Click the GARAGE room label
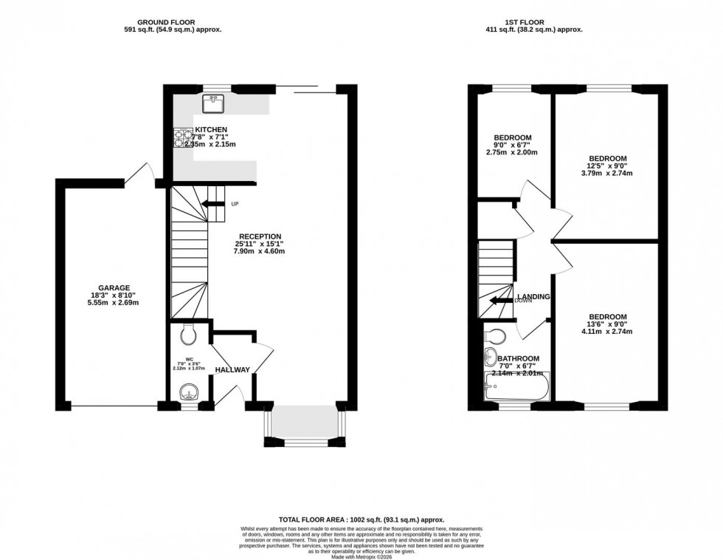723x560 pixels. [x=114, y=287]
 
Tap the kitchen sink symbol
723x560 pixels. [x=213, y=104]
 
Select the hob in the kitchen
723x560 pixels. [x=182, y=138]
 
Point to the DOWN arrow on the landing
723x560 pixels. [x=502, y=300]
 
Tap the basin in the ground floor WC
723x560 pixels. [x=190, y=390]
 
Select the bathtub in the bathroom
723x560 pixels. [x=516, y=386]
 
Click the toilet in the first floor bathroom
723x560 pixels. [x=495, y=337]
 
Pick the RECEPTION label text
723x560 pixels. [x=259, y=236]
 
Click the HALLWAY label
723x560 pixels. [x=232, y=369]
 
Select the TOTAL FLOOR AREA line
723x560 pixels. [x=361, y=520]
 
